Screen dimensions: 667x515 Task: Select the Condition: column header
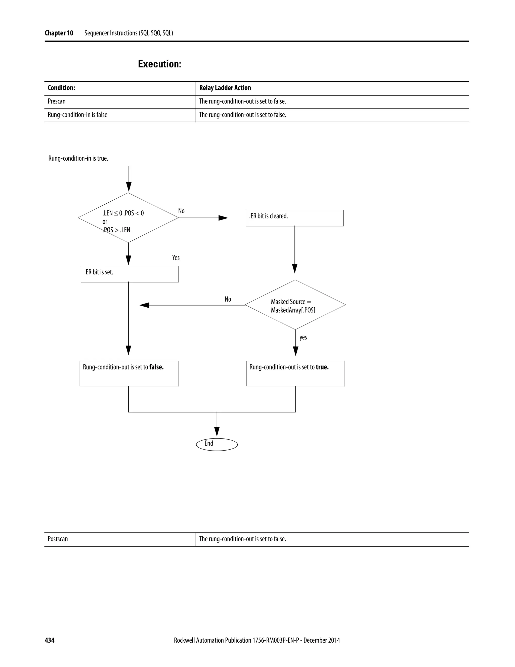(x=61, y=88)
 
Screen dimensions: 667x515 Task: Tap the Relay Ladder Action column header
(x=225, y=88)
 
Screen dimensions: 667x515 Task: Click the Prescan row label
(x=56, y=101)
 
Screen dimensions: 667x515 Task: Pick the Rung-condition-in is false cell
(x=77, y=115)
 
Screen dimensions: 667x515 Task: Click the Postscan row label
(x=58, y=539)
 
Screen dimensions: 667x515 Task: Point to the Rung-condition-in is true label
(x=78, y=159)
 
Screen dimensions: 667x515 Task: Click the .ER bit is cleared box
(x=294, y=218)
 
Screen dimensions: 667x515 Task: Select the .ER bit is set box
(x=130, y=274)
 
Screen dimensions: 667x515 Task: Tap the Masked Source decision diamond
(x=295, y=305)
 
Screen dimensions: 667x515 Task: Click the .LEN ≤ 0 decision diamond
(x=128, y=218)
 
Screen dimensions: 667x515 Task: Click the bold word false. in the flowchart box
(x=156, y=367)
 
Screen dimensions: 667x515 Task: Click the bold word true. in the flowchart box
(x=322, y=367)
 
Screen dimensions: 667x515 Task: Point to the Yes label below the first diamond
(x=176, y=258)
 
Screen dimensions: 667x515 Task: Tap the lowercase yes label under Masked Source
(x=303, y=338)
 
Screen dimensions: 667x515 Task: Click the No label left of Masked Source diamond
(x=228, y=299)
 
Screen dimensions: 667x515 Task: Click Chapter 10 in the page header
(x=59, y=33)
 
